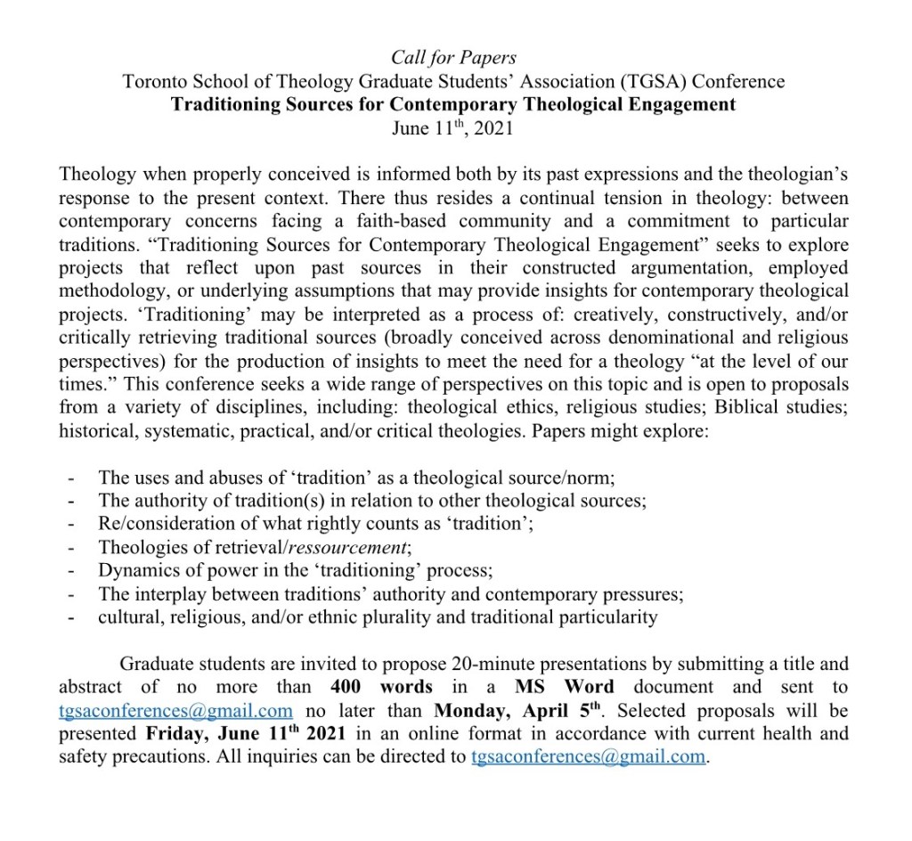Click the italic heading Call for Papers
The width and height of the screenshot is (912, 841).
click(x=454, y=58)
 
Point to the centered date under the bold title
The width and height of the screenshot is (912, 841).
click(x=454, y=127)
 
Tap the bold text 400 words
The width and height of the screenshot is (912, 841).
click(x=381, y=687)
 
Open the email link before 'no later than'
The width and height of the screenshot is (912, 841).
click(x=175, y=711)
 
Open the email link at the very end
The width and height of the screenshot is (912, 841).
click(x=587, y=757)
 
